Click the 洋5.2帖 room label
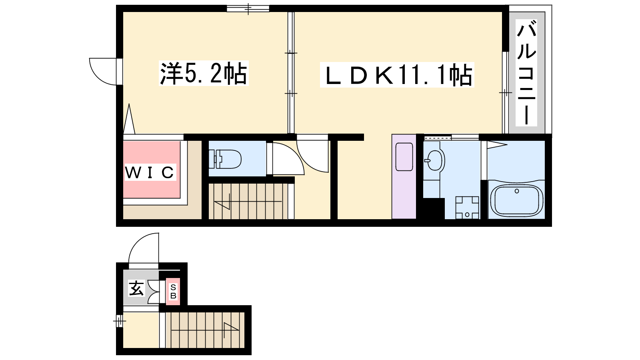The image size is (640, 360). coord(204,74)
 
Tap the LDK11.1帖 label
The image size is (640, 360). coord(397,75)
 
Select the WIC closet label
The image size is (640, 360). coord(150,172)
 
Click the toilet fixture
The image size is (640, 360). coord(225,159)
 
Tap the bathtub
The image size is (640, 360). coord(516,200)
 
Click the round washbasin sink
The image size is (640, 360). coord(434,160)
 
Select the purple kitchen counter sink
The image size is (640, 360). coord(404,157)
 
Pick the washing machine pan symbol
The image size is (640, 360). coord(467,208)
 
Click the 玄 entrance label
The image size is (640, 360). coord(136,288)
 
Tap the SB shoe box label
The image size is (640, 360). coord(173,292)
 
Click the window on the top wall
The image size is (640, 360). coord(248,8)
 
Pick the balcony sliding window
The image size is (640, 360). coord(506,92)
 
